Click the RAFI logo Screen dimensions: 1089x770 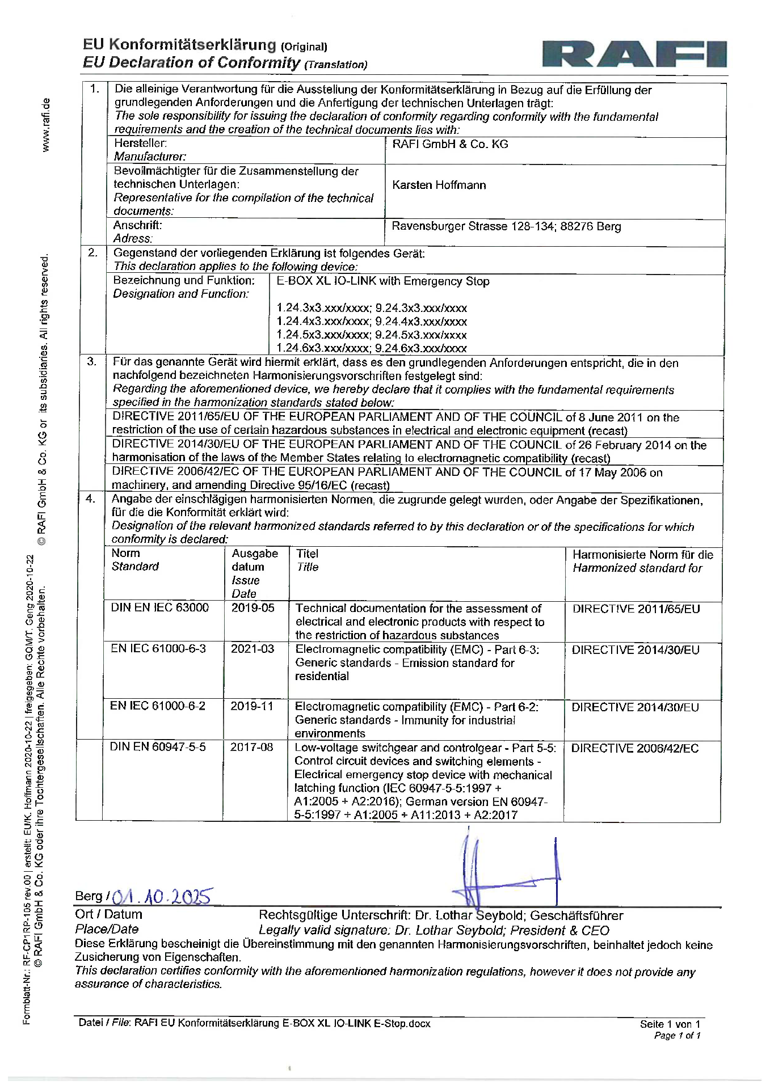pyautogui.click(x=634, y=54)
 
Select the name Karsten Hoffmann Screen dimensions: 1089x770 pyautogui.click(x=439, y=185)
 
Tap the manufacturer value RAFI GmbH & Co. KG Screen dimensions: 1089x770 pyautogui.click(x=450, y=144)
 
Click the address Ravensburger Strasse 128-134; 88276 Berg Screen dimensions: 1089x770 pyautogui.click(x=506, y=226)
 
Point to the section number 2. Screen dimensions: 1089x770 pyautogui.click(x=93, y=253)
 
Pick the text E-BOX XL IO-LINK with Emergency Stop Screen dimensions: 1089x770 pyautogui.click(x=382, y=281)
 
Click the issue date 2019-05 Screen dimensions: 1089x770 pyautogui.click(x=253, y=608)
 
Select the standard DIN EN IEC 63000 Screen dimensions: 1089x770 pyautogui.click(x=159, y=607)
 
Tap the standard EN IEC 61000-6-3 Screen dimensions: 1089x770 pyautogui.click(x=158, y=648)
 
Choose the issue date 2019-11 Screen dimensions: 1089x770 pyautogui.click(x=251, y=706)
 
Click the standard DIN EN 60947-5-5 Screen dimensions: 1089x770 pyautogui.click(x=158, y=747)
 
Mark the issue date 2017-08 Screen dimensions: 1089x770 pyautogui.click(x=251, y=747)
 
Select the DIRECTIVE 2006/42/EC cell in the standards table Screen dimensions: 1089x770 pyautogui.click(x=634, y=748)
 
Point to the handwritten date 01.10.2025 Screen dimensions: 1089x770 pyautogui.click(x=162, y=896)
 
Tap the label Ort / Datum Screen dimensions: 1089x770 pyautogui.click(x=108, y=914)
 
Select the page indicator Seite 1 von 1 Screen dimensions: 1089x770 pyautogui.click(x=670, y=1024)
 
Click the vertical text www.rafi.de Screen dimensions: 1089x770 pyautogui.click(x=46, y=125)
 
